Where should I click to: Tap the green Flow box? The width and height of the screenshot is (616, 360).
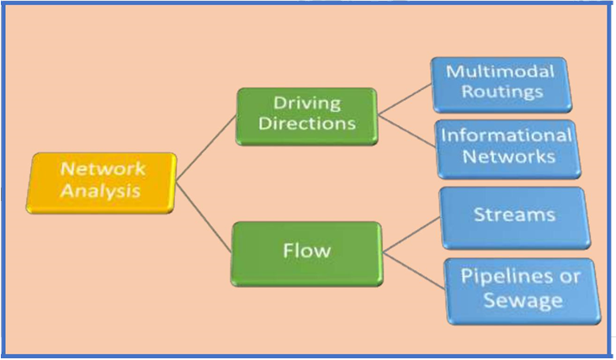coord(306,250)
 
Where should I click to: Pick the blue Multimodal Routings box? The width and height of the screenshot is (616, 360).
coord(501,83)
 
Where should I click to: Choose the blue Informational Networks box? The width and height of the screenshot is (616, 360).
coord(507,147)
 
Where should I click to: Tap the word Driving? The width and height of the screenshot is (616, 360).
coord(306,104)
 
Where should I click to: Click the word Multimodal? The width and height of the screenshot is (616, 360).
coord(502,71)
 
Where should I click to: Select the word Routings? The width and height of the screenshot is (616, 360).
coord(502,92)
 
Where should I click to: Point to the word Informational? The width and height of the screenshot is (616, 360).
coord(507,135)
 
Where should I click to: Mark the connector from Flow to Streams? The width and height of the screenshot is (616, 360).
coord(412,232)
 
